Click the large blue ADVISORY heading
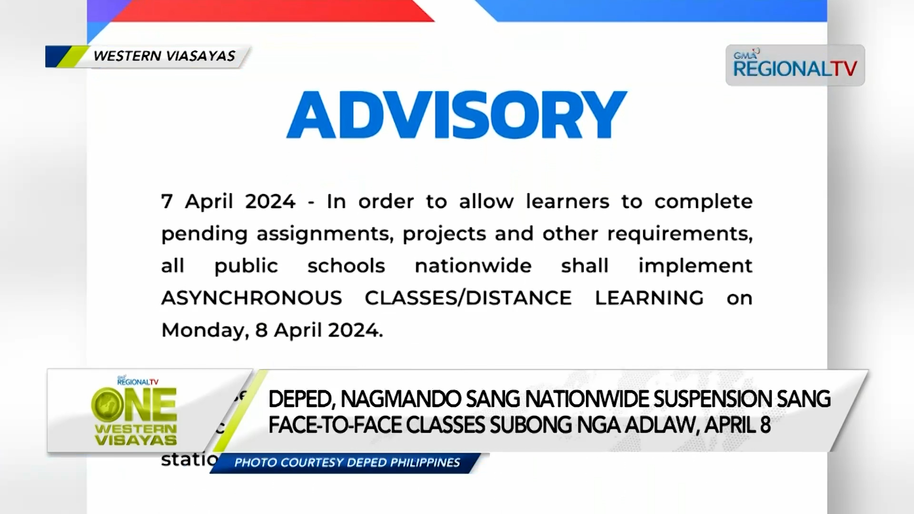456,115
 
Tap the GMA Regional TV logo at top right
795,66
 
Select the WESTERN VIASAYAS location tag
164,56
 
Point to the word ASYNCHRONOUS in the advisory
251,298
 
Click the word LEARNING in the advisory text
649,298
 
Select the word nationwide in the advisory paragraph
473,266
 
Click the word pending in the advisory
204,234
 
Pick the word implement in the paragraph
695,266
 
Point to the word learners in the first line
567,202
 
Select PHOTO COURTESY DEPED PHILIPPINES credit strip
347,463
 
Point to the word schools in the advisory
346,266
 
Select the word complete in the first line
703,202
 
